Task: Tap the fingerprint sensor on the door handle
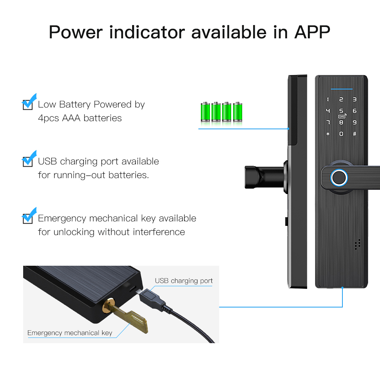pos(339,177)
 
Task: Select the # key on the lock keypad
pos(355,134)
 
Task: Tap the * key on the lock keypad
pos(328,134)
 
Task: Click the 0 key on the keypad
pos(341,134)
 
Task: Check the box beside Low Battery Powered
pos(28,104)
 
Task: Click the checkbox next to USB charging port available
pos(28,161)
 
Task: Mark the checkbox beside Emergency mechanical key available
pos(28,218)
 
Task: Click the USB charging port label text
pos(184,281)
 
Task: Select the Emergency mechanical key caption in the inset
pos(70,333)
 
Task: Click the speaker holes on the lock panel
pos(357,244)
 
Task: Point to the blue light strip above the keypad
pos(341,90)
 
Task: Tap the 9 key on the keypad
pos(355,122)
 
